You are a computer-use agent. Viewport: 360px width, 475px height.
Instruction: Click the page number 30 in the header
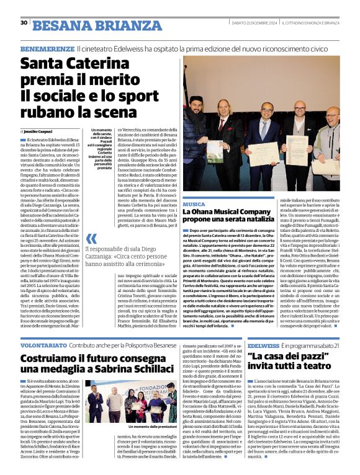24,23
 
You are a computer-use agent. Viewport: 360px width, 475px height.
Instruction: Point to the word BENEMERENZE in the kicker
47,48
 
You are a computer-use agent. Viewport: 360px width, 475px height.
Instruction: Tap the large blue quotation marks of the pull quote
92,239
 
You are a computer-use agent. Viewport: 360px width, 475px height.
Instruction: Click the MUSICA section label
194,204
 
